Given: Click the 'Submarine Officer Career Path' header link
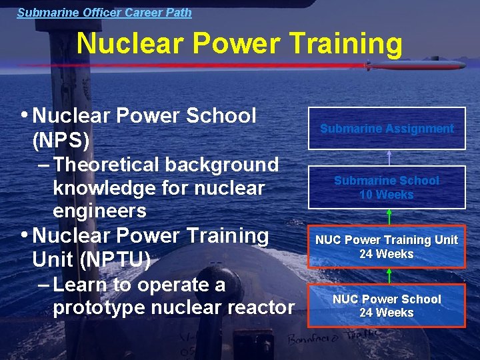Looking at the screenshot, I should tap(104, 12).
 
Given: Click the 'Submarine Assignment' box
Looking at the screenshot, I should tap(387, 129).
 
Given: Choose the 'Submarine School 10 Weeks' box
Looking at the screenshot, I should tap(387, 187).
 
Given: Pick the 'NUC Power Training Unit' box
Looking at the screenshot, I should tap(387, 246).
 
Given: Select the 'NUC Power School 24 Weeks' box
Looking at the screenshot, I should tap(387, 305).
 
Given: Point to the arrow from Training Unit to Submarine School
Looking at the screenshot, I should tap(389, 217).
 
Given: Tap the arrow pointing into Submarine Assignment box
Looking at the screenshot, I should tap(389, 157).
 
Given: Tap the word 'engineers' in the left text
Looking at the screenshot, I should tap(99, 211).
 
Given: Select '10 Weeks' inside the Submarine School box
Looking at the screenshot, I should tap(387, 195).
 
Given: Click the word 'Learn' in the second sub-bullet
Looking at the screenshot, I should tap(81, 285).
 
